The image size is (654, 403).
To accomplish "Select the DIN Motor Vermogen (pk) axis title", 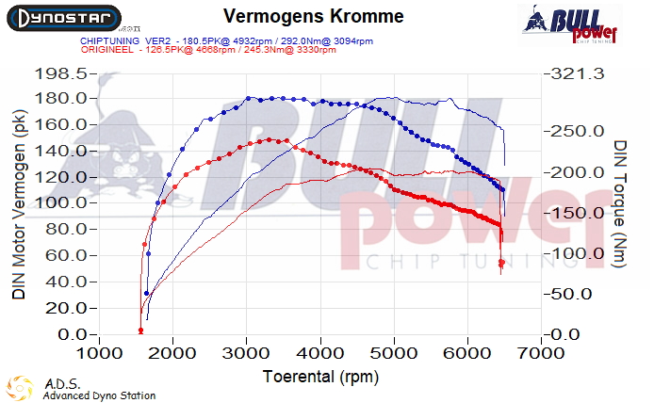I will [19, 202].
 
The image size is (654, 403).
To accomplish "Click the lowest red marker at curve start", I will [140, 330].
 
